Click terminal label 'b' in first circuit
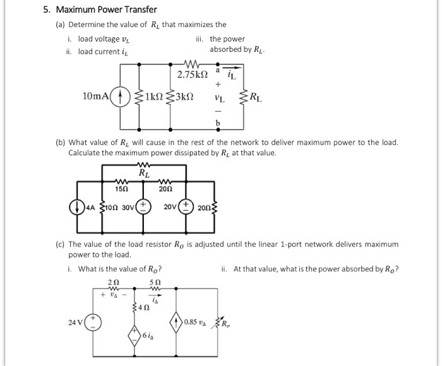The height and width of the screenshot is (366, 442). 218,122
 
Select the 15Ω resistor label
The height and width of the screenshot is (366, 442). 117,189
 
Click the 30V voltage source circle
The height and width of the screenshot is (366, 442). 144,207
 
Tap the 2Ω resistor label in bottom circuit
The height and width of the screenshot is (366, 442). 113,281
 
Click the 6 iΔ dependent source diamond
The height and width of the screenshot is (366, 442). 135,334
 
